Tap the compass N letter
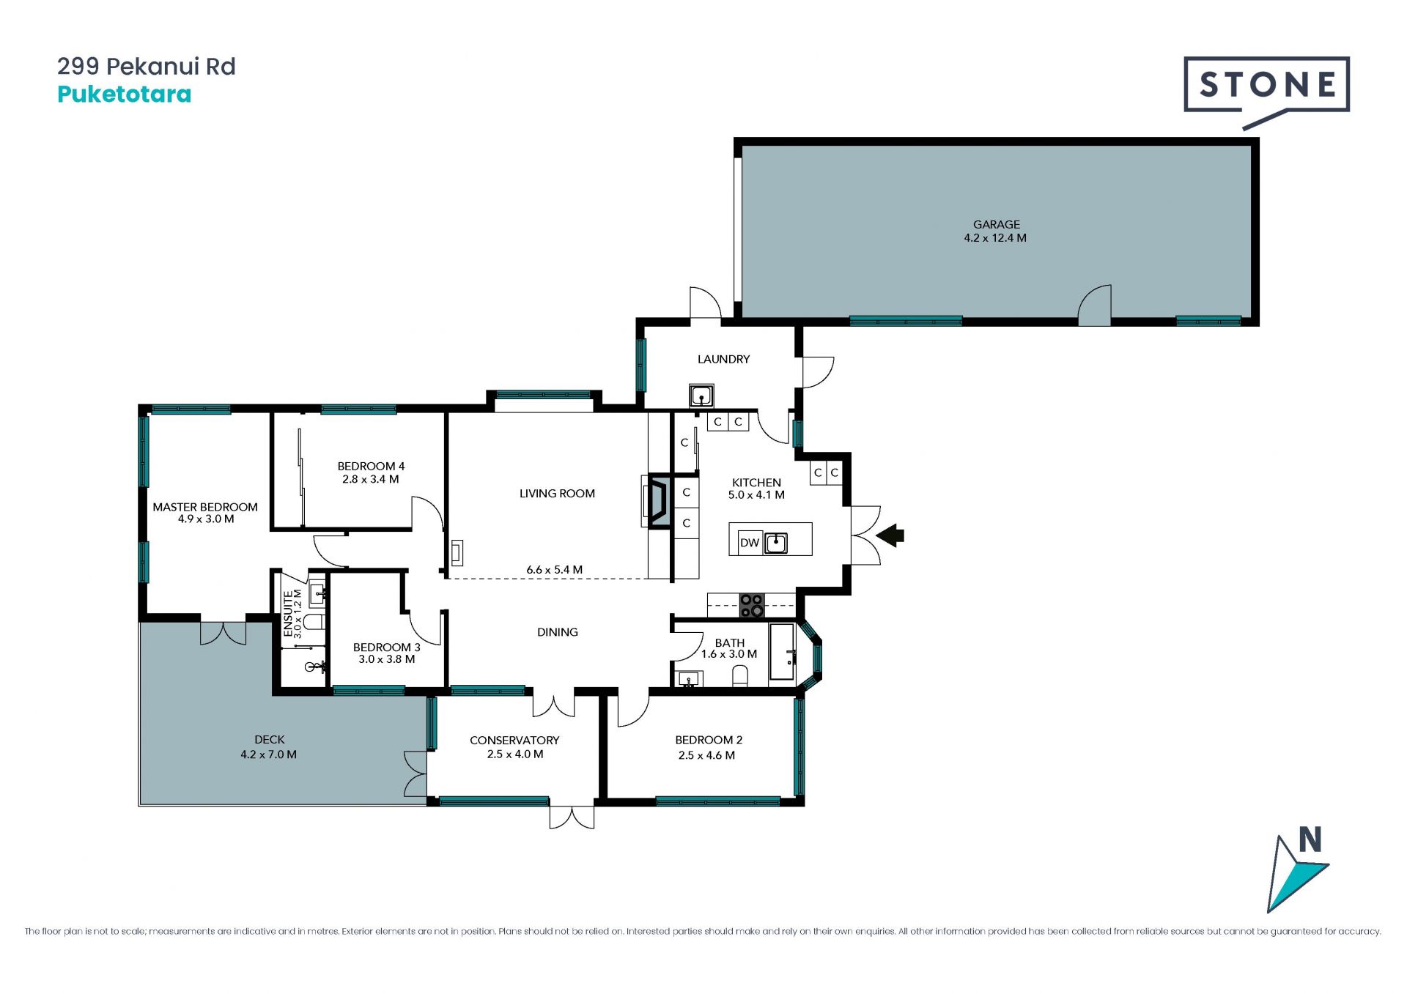click(1310, 839)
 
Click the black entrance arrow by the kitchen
click(890, 535)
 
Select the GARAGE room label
click(996, 224)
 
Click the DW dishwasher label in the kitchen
click(749, 543)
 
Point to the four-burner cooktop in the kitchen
click(751, 605)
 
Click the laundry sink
click(701, 396)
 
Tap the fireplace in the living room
click(657, 502)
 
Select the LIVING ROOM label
click(557, 494)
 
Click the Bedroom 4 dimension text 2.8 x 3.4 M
click(371, 480)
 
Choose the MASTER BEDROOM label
click(205, 507)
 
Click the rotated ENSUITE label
click(288, 614)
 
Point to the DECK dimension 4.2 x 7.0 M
click(269, 754)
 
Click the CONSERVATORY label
click(514, 741)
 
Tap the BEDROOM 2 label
click(709, 740)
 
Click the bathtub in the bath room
click(781, 652)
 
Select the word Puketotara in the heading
click(125, 94)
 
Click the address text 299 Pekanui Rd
click(147, 67)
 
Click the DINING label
click(558, 632)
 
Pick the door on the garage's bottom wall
click(1094, 304)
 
